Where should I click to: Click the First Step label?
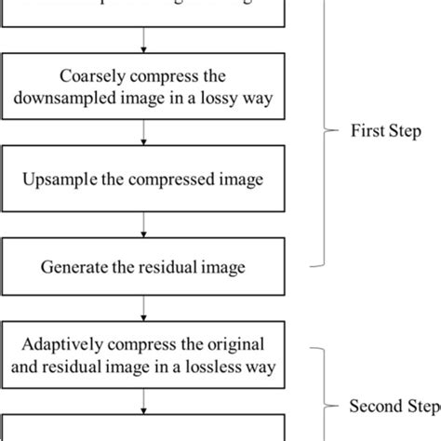(x=386, y=131)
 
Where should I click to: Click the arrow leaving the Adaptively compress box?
(x=142, y=398)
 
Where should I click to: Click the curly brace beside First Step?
(x=327, y=131)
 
